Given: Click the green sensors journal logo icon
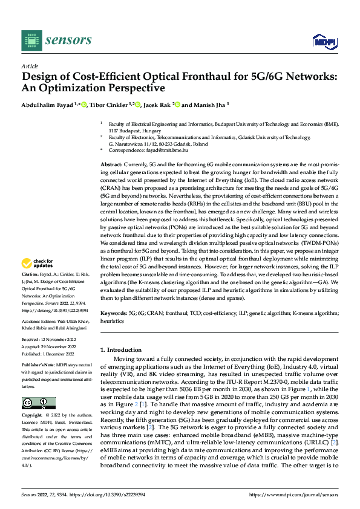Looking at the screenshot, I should pyautogui.click(x=32, y=41).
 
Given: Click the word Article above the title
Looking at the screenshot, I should pyautogui.click(x=30, y=66).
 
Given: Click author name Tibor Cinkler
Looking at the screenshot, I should pyautogui.click(x=110, y=105).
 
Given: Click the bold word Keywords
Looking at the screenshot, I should pyautogui.click(x=113, y=313).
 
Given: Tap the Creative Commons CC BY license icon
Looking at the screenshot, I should pyautogui.click(x=38, y=403).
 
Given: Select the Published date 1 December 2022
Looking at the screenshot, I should pyautogui.click(x=55, y=354).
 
